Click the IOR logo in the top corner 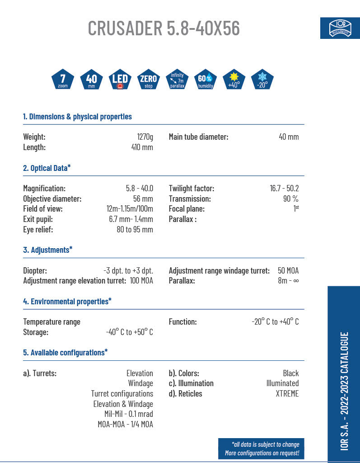pos(340,28)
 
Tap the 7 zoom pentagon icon pos(63,80)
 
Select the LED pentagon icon pos(120,80)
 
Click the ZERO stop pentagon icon pos(148,80)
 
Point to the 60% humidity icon pos(205,80)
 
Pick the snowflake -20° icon pos(262,80)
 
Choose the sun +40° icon pos(234,80)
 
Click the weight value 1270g pos(145,137)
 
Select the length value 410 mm pos(142,147)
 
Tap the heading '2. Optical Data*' pos(47,168)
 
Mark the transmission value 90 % pos(290,198)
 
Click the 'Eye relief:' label pos(38,229)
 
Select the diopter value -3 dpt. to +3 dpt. pos(128,270)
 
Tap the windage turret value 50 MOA pos(288,270)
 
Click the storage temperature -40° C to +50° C pos(129,332)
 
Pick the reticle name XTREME pos(287,393)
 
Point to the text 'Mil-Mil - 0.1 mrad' pos(128,414)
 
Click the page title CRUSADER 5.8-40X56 pos(164,28)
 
